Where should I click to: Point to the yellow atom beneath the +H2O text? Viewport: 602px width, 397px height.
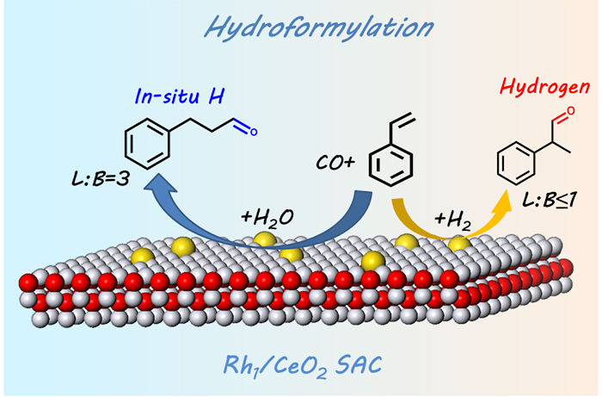tap(265, 239)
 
